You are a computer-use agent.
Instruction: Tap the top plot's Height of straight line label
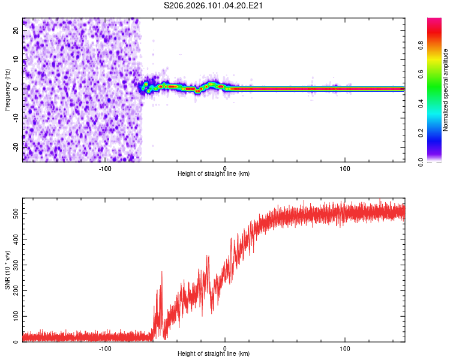[x=214, y=173]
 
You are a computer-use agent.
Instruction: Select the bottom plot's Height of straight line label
[x=214, y=353]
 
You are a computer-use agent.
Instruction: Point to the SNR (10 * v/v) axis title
[x=7, y=270]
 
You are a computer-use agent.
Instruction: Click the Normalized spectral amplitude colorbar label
[x=446, y=90]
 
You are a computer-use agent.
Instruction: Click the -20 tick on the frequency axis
[x=16, y=146]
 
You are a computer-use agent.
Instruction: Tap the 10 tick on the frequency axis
[x=17, y=59]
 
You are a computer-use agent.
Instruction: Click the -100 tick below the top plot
[x=105, y=168]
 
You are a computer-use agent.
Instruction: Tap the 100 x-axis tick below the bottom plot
[x=345, y=348]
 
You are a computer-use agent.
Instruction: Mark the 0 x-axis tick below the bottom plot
[x=225, y=348]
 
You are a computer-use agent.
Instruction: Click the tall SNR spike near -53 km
[x=161, y=273]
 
